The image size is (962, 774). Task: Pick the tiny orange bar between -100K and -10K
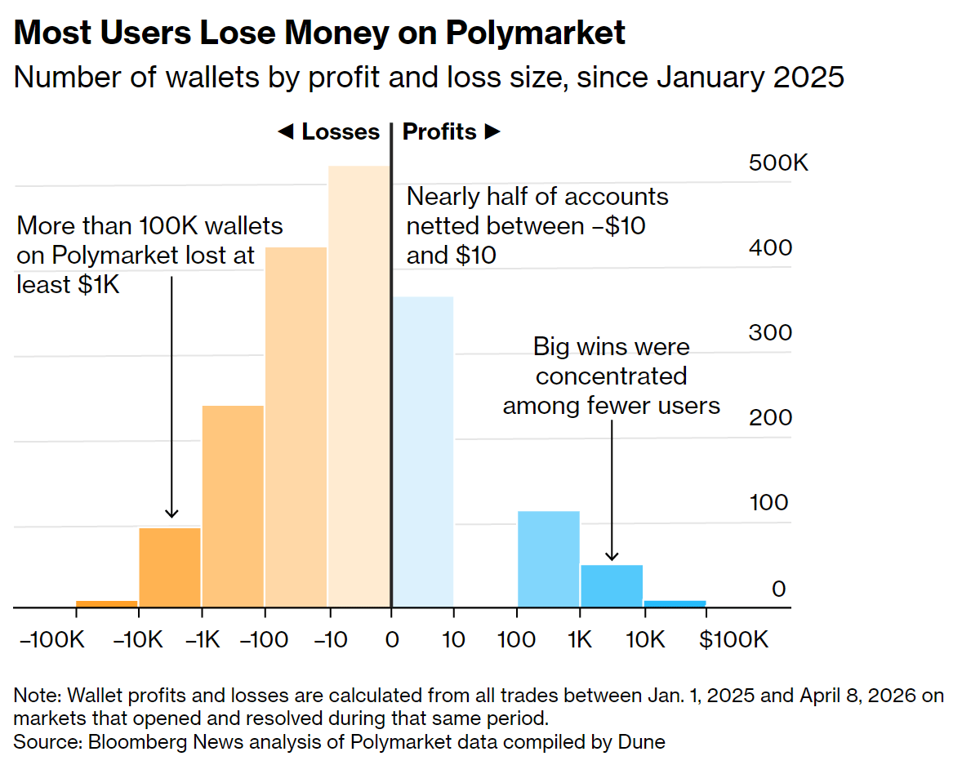107,603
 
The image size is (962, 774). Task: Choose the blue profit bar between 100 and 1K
549,559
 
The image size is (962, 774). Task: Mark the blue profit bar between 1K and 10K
612,586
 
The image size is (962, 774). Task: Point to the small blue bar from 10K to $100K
675,603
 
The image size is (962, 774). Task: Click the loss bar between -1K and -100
233,506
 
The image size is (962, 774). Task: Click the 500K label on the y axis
778,163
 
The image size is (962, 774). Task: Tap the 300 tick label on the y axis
771,332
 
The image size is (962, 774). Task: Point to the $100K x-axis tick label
733,639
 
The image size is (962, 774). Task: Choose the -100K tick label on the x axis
51,639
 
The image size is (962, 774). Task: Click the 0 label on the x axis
392,639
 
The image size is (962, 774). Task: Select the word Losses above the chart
341,132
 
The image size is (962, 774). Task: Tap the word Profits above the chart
439,132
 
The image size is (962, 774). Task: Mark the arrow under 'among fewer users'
612,490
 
